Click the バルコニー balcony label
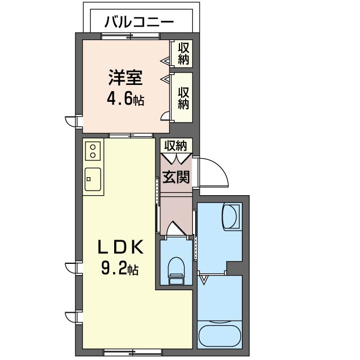139,22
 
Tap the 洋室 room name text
125,78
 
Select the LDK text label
121,247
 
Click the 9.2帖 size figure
120,269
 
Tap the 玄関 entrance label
176,177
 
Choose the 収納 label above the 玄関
175,145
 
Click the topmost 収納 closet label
183,53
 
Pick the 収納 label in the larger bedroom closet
183,98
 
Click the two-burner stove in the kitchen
93,151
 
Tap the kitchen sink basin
93,179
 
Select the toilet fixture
176,271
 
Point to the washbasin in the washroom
230,216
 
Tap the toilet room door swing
176,227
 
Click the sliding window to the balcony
130,36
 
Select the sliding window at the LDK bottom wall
133,351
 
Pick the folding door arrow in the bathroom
204,280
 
